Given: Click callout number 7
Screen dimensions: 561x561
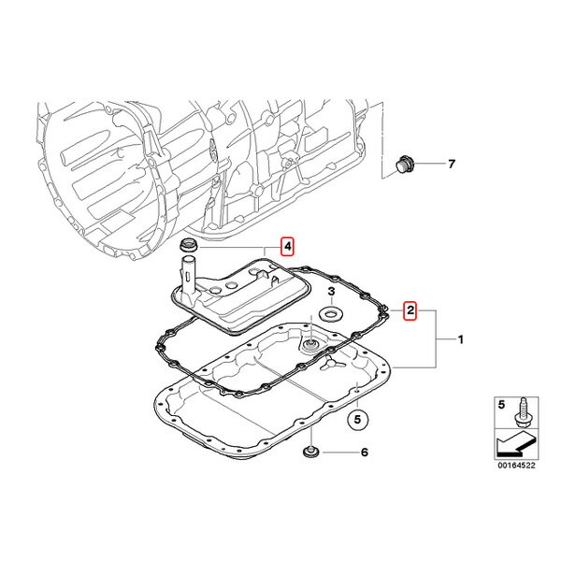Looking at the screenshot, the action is click(x=452, y=164).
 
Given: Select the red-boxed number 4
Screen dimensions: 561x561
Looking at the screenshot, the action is click(x=287, y=246).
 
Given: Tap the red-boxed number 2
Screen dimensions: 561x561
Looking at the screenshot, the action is click(x=410, y=310).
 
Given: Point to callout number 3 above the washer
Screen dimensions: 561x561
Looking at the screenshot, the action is click(x=331, y=291).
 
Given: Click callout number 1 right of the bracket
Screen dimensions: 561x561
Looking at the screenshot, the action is click(x=461, y=339).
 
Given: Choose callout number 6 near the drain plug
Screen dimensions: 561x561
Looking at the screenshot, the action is click(x=365, y=453).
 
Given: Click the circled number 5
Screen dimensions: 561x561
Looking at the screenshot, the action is click(x=358, y=419).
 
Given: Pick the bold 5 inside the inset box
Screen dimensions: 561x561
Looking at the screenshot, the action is click(x=501, y=405).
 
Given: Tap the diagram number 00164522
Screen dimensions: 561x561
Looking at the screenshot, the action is click(x=516, y=465).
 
